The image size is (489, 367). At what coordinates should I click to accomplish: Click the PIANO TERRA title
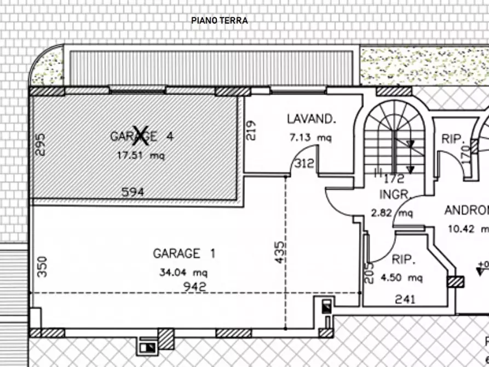(x=220, y=21)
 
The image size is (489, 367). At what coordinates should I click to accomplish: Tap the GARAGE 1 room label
(x=184, y=254)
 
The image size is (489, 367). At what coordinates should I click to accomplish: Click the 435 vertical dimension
(x=280, y=253)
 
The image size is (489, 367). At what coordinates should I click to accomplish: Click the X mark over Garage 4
(x=142, y=134)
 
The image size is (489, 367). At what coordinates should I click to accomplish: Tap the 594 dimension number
(x=133, y=192)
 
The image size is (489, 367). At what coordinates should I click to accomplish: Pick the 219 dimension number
(x=251, y=131)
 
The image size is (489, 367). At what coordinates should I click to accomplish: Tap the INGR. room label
(x=392, y=194)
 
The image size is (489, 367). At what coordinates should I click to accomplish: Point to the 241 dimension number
(x=405, y=299)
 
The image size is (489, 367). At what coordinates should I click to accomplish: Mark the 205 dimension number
(x=370, y=272)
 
